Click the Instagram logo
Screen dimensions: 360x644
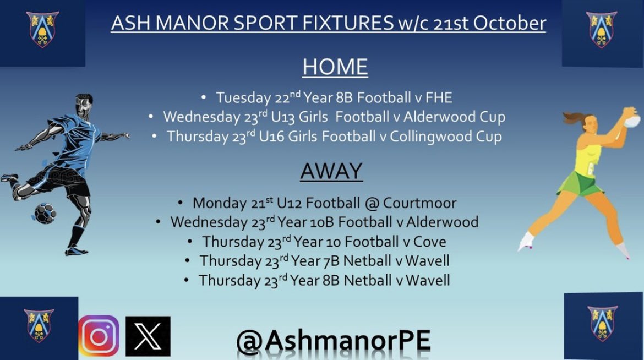click(99, 336)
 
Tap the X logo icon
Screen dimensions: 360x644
click(148, 336)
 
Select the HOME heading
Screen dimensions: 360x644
click(335, 67)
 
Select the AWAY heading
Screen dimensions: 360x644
click(331, 172)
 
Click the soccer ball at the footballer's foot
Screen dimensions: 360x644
click(45, 213)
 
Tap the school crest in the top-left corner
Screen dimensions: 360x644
click(42, 29)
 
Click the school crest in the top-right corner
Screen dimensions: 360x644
click(602, 29)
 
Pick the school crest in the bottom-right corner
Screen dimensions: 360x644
click(602, 323)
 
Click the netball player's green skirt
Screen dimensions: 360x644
click(579, 183)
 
